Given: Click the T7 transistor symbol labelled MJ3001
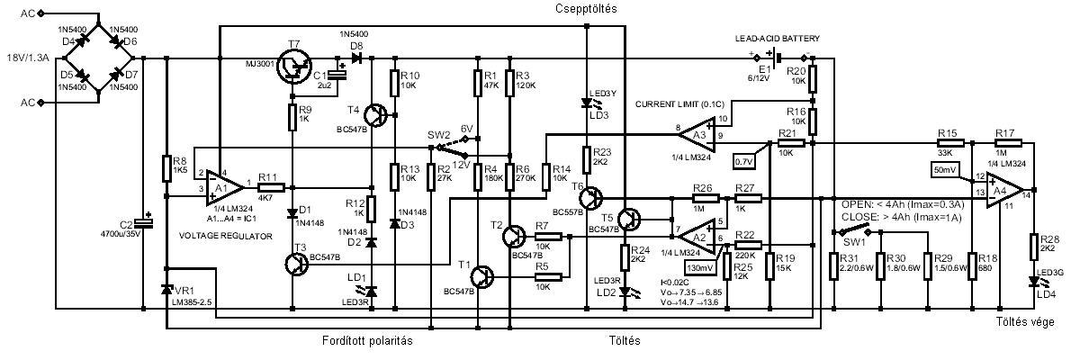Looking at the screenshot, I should [293, 66].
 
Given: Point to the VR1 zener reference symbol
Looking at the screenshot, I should [167, 290].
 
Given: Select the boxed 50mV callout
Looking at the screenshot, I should [945, 168].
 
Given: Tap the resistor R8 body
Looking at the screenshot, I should [167, 167].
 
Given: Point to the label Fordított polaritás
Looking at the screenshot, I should [366, 340].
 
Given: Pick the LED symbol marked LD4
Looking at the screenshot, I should [1033, 282].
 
